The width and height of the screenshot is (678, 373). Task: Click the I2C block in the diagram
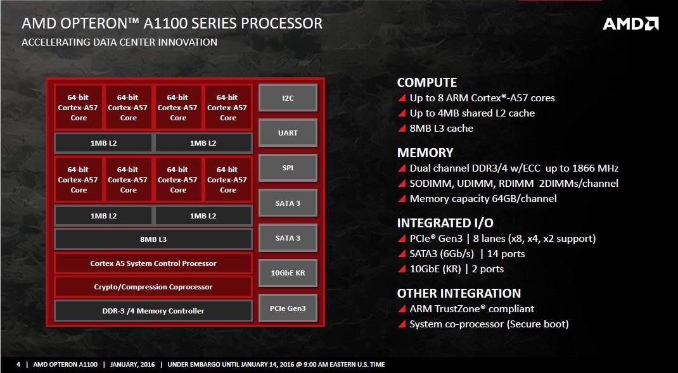click(x=288, y=98)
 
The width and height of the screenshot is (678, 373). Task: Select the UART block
click(x=288, y=133)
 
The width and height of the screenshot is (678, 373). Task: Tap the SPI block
click(x=288, y=168)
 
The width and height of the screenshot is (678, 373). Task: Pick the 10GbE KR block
click(x=288, y=273)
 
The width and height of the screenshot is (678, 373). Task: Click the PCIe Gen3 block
click(x=288, y=308)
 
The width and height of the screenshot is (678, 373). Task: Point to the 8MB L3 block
click(x=153, y=239)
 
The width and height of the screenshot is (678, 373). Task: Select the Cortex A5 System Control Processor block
click(x=153, y=263)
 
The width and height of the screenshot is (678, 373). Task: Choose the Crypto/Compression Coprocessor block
click(x=153, y=287)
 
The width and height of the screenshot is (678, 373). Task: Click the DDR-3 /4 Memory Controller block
click(x=153, y=311)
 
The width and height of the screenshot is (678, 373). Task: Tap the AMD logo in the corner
click(x=630, y=24)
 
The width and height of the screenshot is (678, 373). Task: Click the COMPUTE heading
click(x=426, y=82)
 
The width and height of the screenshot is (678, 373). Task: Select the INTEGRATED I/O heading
click(x=445, y=223)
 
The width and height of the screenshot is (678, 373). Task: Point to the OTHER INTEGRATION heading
click(x=459, y=293)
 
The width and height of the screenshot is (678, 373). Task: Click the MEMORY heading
click(x=425, y=153)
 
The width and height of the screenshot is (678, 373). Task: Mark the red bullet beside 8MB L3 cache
click(x=401, y=129)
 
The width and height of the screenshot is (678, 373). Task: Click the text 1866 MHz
click(x=594, y=168)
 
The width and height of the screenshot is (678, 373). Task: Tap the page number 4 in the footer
click(x=18, y=365)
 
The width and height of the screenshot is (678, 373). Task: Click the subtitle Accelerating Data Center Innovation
click(x=119, y=42)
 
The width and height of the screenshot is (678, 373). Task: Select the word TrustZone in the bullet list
click(x=463, y=309)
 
